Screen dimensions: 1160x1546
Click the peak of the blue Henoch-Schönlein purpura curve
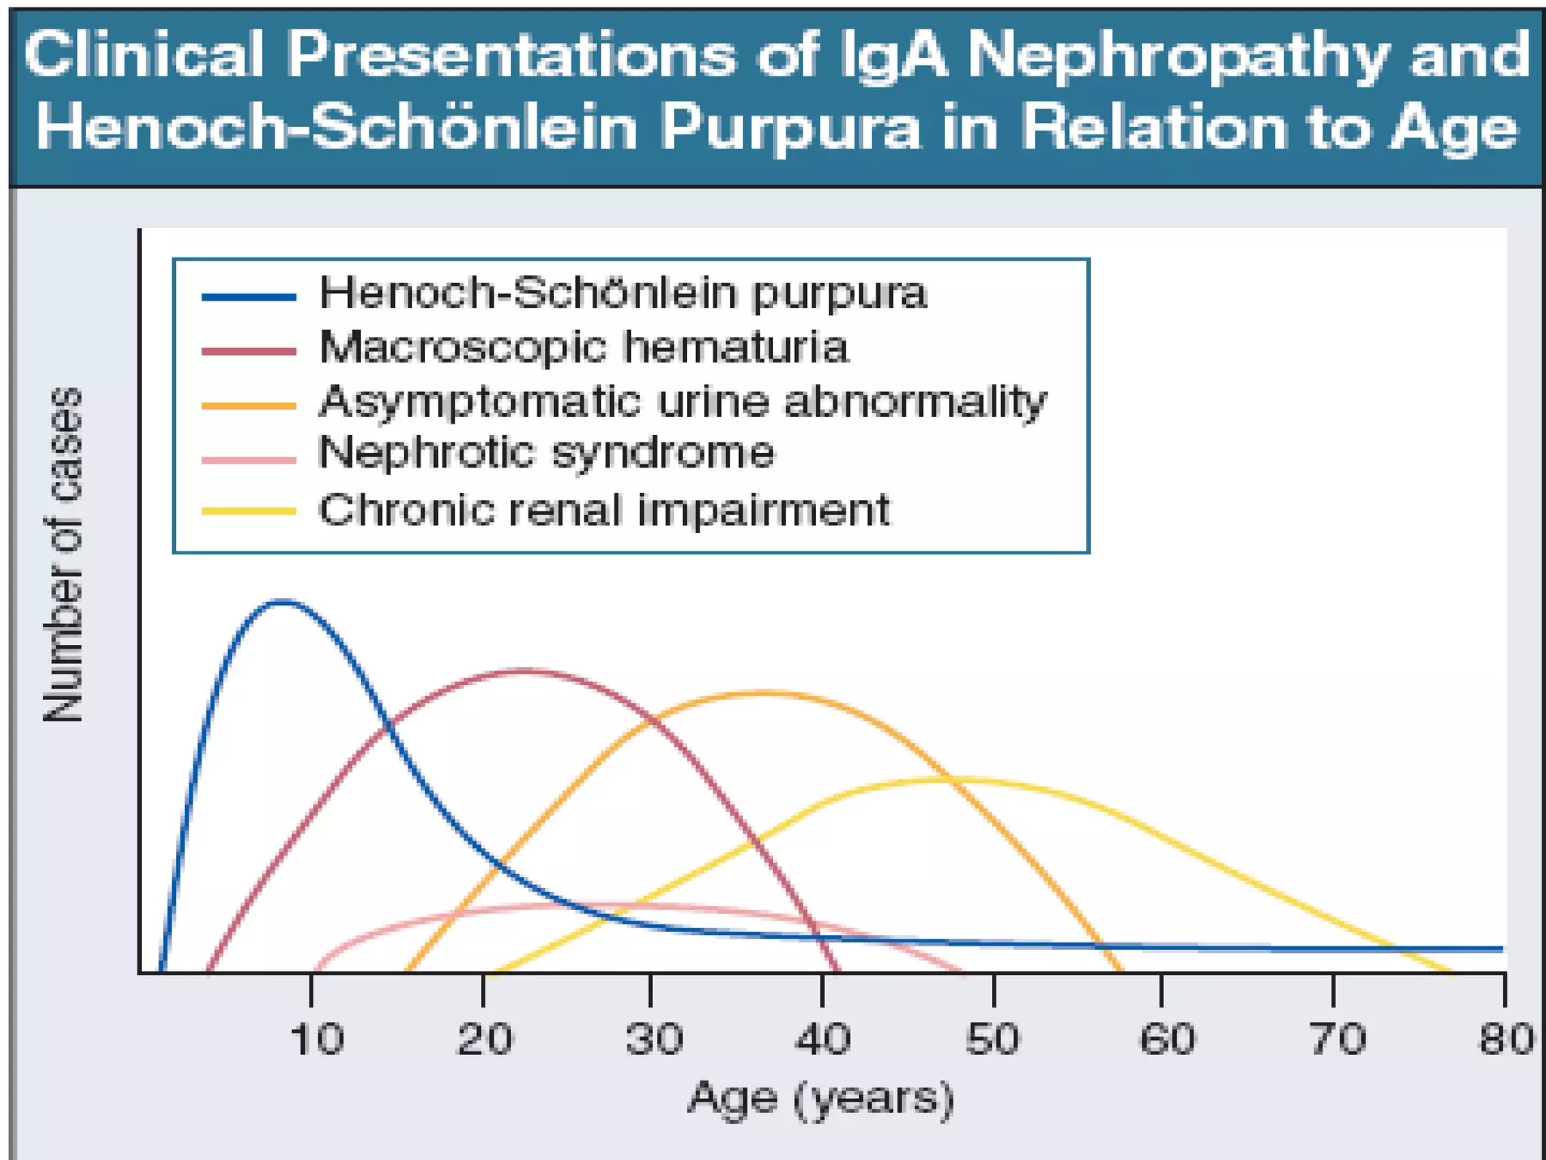[282, 601]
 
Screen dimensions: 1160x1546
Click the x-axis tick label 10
[316, 1039]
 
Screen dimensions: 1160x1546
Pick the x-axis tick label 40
[822, 1039]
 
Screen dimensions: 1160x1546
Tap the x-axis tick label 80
[1504, 1039]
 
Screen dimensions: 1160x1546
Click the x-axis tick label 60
[1166, 1039]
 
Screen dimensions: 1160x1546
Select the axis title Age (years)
[821, 1100]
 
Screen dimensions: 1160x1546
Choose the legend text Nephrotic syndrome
[546, 453]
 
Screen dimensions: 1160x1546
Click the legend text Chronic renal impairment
[604, 510]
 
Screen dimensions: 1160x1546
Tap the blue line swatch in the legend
[248, 297]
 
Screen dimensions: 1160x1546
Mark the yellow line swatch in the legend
[248, 511]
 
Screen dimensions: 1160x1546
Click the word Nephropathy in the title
[1178, 55]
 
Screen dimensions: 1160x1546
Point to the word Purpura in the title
[790, 127]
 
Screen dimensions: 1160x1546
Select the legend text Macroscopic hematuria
[584, 347]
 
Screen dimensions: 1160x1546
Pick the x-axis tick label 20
[484, 1039]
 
